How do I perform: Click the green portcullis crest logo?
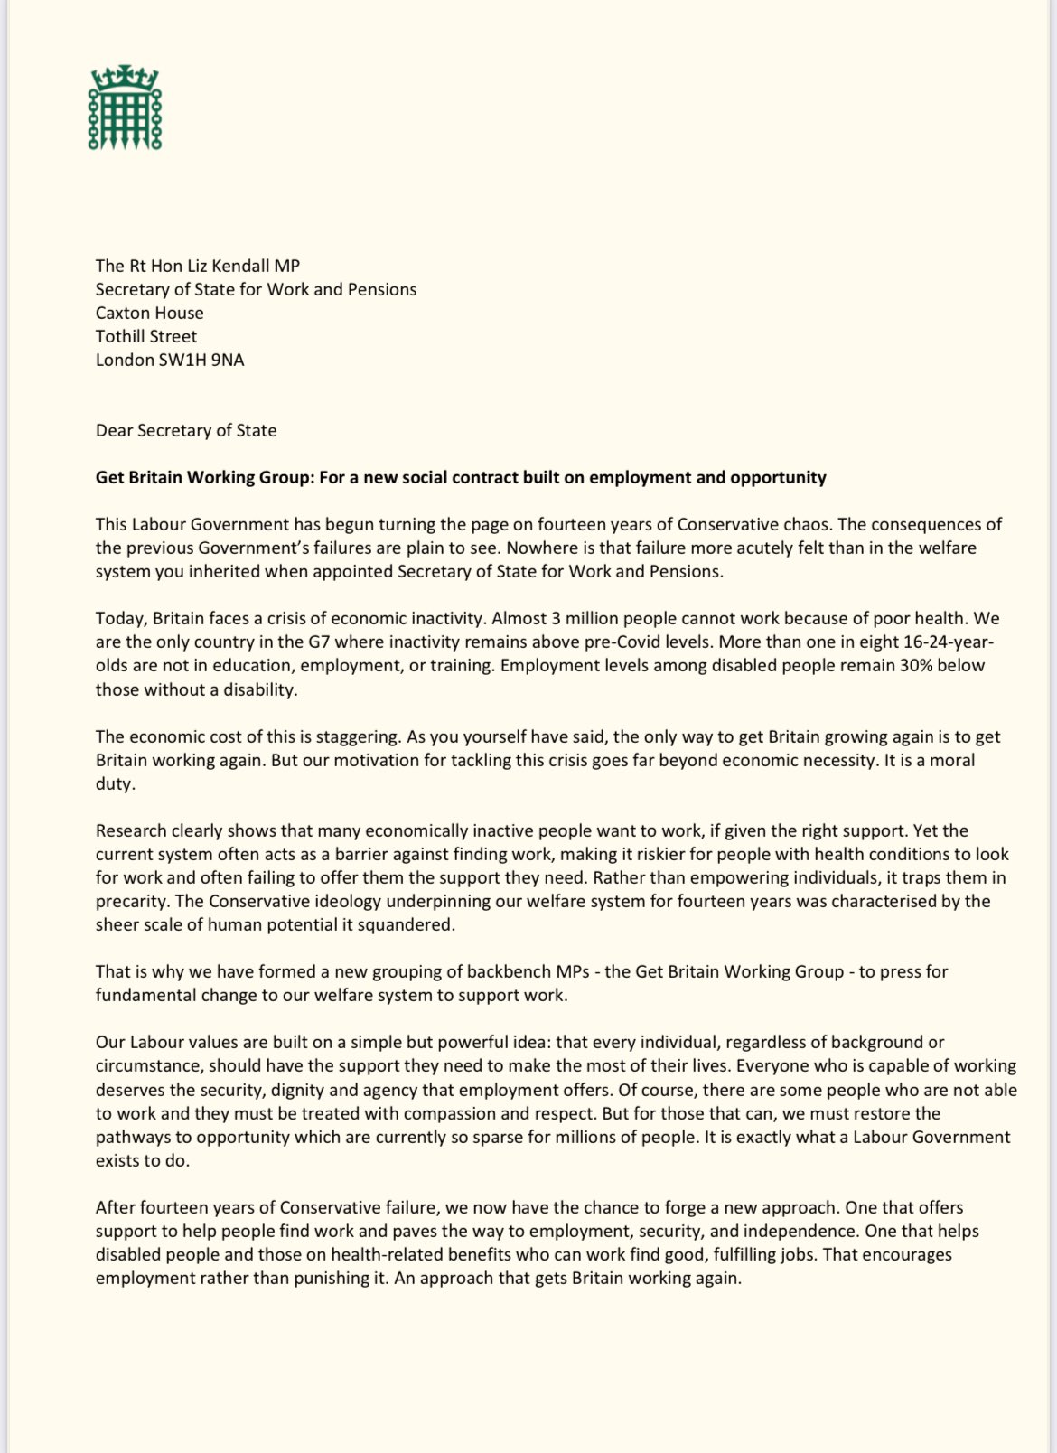[x=124, y=107]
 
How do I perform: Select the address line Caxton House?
[x=150, y=313]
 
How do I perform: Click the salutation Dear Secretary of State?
[x=186, y=430]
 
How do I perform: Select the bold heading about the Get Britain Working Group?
[x=461, y=477]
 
